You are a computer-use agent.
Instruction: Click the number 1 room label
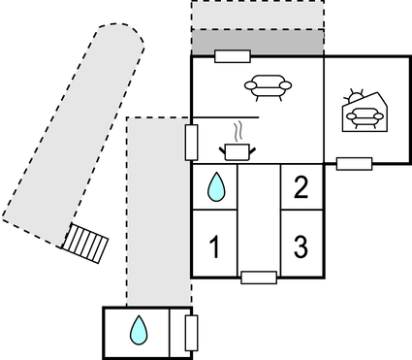214,247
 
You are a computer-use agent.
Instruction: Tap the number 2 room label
301,186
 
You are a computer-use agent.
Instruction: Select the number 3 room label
301,247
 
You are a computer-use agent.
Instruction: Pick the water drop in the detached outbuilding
140,331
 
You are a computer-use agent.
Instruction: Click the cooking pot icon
236,150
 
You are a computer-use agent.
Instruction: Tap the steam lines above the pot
236,130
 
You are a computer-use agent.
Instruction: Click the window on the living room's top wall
233,56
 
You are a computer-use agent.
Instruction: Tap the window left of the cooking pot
191,142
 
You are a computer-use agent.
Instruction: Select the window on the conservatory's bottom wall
354,163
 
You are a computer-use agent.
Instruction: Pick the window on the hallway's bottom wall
259,278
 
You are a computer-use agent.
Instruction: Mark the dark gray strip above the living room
257,43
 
